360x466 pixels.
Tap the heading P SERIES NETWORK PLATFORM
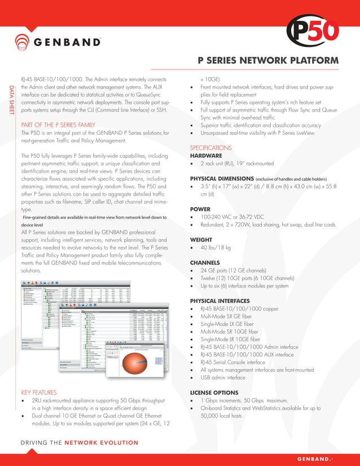pyautogui.click(x=268, y=60)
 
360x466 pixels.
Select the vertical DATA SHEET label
pyautogui.click(x=10, y=101)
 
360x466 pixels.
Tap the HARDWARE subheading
pyautogui.click(x=206, y=155)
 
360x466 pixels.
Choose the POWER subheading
pyautogui.click(x=200, y=209)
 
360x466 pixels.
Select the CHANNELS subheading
pyautogui.click(x=205, y=262)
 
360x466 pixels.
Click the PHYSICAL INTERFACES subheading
pyautogui.click(x=219, y=301)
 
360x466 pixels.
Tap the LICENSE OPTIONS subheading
pyautogui.click(x=213, y=392)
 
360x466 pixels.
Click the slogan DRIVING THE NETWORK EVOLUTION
pyautogui.click(x=80, y=442)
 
